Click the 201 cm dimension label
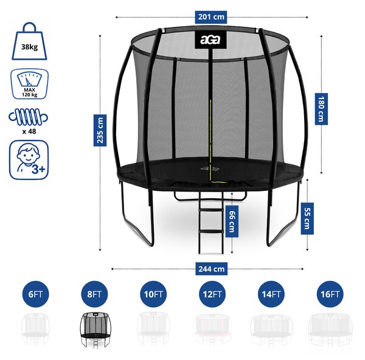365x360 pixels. [x=210, y=17]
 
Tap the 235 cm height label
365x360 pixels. [x=100, y=130]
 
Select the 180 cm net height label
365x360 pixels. [x=321, y=109]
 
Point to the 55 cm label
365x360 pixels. [x=307, y=218]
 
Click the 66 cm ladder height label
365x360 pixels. [x=232, y=221]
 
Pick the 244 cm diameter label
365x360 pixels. [x=211, y=269]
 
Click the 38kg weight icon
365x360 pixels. [x=29, y=41]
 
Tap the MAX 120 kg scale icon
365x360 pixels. [x=29, y=84]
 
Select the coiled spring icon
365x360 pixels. [x=29, y=117]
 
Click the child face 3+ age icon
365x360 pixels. [x=29, y=160]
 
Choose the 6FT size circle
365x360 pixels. [x=35, y=294]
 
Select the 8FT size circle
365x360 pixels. [x=94, y=294]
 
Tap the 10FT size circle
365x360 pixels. [x=153, y=294]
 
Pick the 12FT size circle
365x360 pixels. [x=212, y=294]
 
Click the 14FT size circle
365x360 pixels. [x=271, y=294]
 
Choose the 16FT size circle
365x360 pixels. [x=330, y=294]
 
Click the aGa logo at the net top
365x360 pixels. [x=210, y=40]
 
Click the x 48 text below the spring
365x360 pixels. [x=29, y=131]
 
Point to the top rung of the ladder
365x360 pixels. [x=210, y=210]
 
